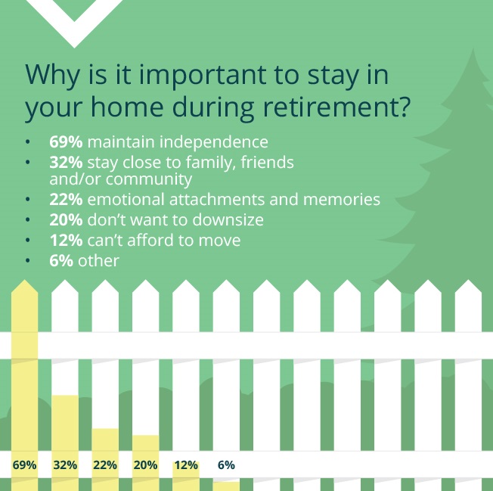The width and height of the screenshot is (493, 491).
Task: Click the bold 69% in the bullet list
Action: click(66, 142)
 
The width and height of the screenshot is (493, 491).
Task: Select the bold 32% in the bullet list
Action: click(66, 163)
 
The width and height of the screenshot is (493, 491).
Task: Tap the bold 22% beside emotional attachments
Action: click(66, 200)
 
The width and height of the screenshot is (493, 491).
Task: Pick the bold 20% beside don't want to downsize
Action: click(66, 219)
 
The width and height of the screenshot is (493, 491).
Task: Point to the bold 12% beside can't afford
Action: click(66, 240)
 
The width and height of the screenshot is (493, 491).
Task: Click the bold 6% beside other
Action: click(61, 261)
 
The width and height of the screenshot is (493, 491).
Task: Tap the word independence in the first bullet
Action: click(214, 142)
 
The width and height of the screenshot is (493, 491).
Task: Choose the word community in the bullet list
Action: click(149, 179)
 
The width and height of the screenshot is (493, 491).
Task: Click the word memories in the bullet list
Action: click(342, 200)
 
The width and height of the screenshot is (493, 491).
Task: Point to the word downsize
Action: click(228, 219)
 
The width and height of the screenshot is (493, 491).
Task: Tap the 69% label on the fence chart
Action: click(24, 465)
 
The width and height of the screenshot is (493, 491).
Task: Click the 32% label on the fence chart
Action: click(65, 465)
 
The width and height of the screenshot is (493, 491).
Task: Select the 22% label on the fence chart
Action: click(105, 465)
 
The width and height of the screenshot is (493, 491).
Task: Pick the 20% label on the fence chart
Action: click(145, 465)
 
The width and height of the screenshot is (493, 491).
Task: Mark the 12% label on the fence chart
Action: click(186, 465)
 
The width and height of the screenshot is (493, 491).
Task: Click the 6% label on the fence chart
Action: click(226, 465)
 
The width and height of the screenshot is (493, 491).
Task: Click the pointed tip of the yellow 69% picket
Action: click(24, 280)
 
